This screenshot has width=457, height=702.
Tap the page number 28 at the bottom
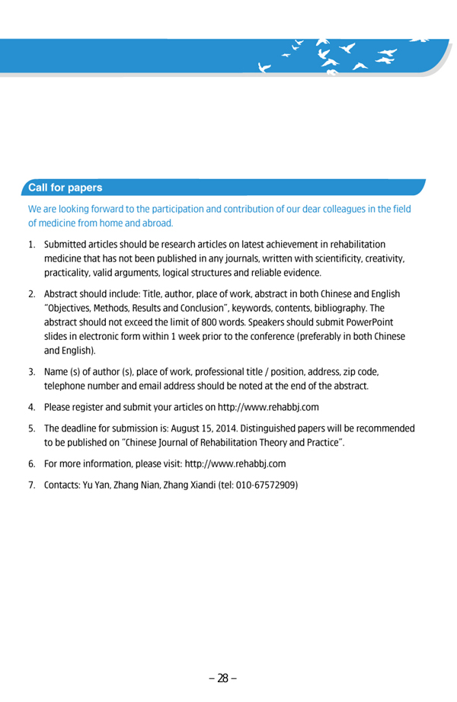223,678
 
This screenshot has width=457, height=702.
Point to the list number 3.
32,373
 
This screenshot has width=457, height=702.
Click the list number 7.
32,483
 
